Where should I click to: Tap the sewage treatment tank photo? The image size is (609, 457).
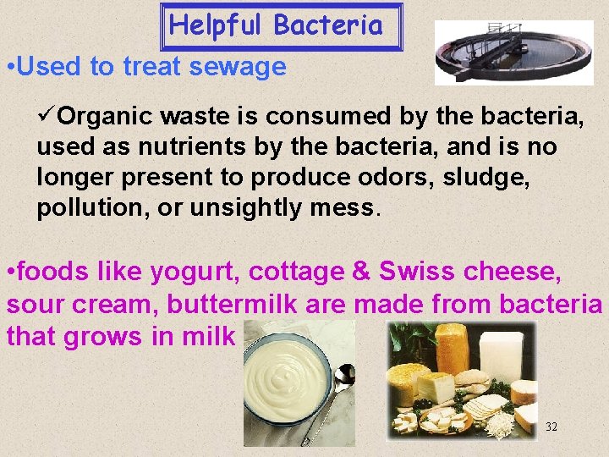point(502,52)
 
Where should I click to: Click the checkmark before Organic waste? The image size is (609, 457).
point(47,115)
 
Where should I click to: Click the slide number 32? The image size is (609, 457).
point(551,426)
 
